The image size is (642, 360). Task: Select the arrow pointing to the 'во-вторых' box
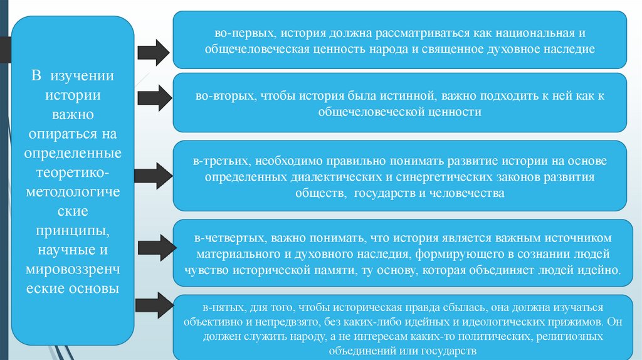(x=153, y=98)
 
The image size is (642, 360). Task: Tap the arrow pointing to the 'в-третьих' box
(x=153, y=176)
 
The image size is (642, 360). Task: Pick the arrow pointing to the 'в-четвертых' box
(x=153, y=243)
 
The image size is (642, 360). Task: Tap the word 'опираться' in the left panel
(x=62, y=134)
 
